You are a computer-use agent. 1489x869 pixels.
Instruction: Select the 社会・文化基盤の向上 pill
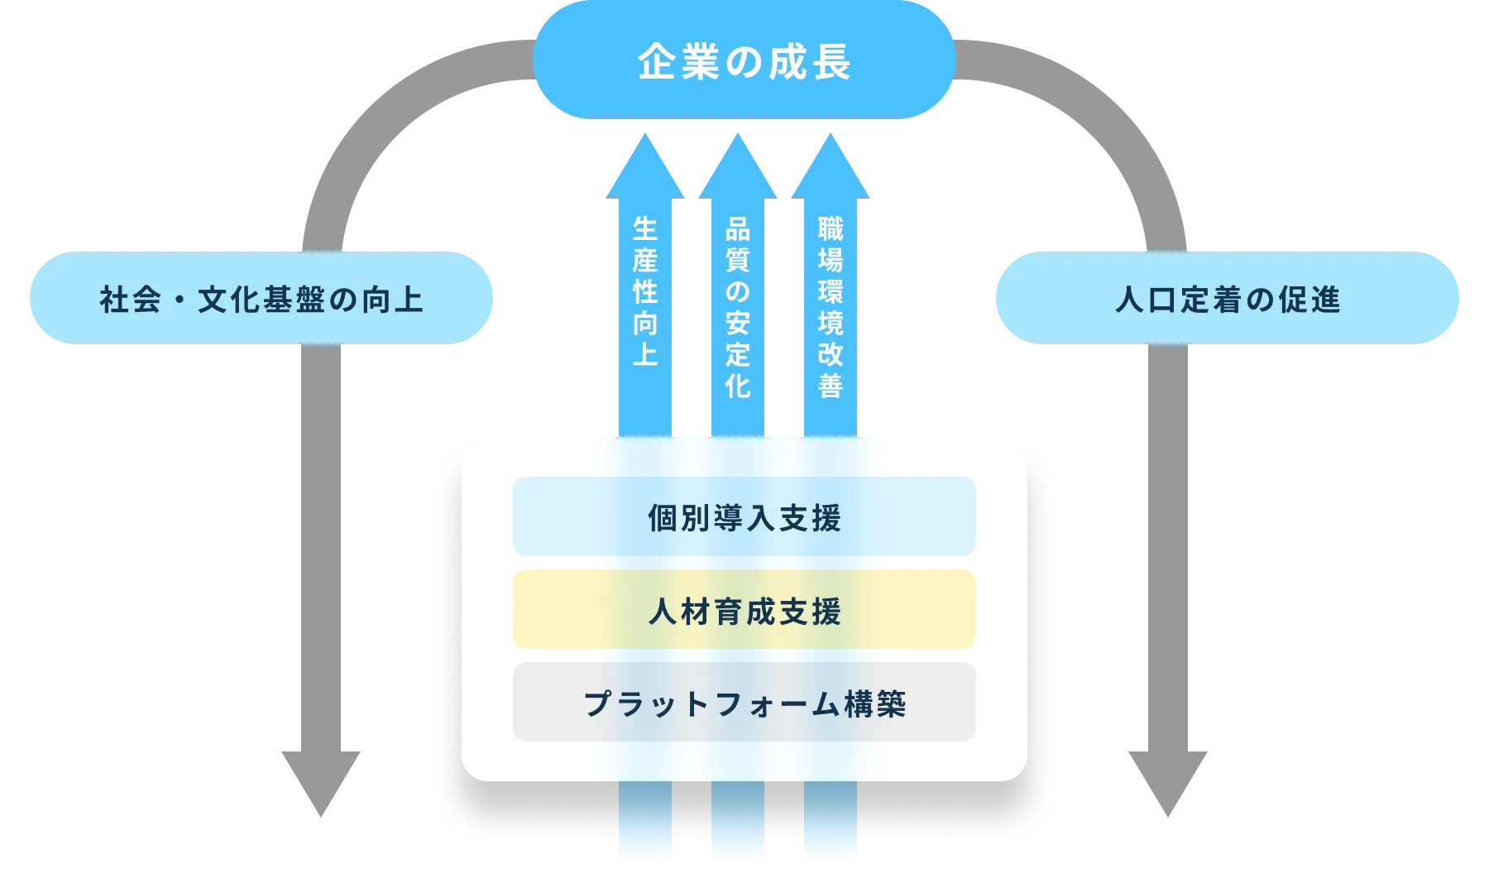pyautogui.click(x=261, y=299)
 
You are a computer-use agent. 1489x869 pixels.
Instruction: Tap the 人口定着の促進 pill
pyautogui.click(x=1227, y=299)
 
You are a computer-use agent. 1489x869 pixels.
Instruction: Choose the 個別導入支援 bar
pyautogui.click(x=744, y=517)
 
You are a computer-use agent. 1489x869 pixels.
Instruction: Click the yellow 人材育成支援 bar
pyautogui.click(x=744, y=610)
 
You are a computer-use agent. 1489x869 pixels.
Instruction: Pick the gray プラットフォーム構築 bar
pyautogui.click(x=744, y=703)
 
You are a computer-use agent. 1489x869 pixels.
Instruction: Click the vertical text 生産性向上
pyautogui.click(x=645, y=291)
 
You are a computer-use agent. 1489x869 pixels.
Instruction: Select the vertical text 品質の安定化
pyautogui.click(x=738, y=307)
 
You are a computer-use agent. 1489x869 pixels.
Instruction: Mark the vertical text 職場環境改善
pyautogui.click(x=831, y=307)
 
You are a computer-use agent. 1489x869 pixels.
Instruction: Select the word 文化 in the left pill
pyautogui.click(x=228, y=300)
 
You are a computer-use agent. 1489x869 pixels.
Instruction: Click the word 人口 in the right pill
pyautogui.click(x=1146, y=300)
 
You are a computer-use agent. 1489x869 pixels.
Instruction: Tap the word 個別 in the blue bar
pyautogui.click(x=679, y=519)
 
